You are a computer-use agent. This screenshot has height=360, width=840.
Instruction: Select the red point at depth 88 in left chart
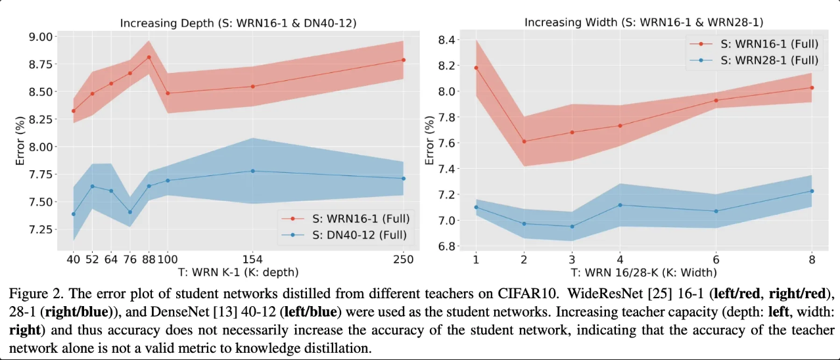point(149,57)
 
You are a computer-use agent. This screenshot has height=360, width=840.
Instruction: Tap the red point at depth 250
point(403,60)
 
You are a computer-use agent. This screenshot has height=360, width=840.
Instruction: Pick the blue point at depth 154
point(254,171)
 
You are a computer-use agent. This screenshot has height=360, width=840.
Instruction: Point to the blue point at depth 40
point(74,214)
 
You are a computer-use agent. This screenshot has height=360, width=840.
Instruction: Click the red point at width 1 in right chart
point(475,68)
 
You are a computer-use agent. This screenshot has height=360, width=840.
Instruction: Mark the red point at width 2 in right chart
point(524,141)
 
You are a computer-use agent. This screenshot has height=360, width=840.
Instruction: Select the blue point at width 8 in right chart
point(812,191)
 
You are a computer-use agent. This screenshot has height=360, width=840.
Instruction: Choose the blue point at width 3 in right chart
point(572,227)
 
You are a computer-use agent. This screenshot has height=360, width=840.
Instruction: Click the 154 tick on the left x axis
point(254,259)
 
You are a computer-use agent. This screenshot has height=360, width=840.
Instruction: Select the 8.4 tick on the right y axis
point(451,41)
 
